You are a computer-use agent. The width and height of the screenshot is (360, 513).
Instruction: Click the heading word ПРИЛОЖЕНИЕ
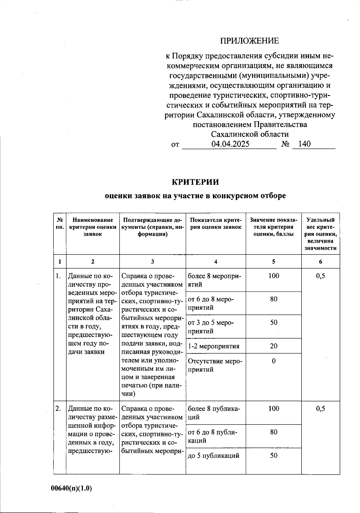(250, 41)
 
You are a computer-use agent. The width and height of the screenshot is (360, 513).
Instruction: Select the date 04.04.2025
(230, 144)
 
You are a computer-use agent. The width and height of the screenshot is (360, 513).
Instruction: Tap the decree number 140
(304, 144)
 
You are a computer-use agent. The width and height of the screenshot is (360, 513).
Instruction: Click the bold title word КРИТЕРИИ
(195, 182)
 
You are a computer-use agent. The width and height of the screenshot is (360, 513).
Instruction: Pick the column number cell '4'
(216, 261)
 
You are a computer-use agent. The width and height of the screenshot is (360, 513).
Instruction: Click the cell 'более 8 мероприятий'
(214, 280)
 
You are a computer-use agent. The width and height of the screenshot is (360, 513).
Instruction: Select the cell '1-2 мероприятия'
(214, 346)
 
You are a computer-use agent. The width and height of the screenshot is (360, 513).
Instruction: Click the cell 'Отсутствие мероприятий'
(214, 365)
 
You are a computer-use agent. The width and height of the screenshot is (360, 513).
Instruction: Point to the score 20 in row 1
(274, 346)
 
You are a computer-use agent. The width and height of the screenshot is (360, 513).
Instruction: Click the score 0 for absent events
(274, 361)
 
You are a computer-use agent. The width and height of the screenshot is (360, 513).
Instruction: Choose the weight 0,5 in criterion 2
(320, 408)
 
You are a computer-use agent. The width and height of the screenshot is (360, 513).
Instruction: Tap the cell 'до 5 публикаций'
(214, 456)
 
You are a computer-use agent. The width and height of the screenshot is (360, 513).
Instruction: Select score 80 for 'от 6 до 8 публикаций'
(274, 432)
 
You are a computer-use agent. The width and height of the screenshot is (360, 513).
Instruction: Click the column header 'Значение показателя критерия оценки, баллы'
(274, 227)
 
